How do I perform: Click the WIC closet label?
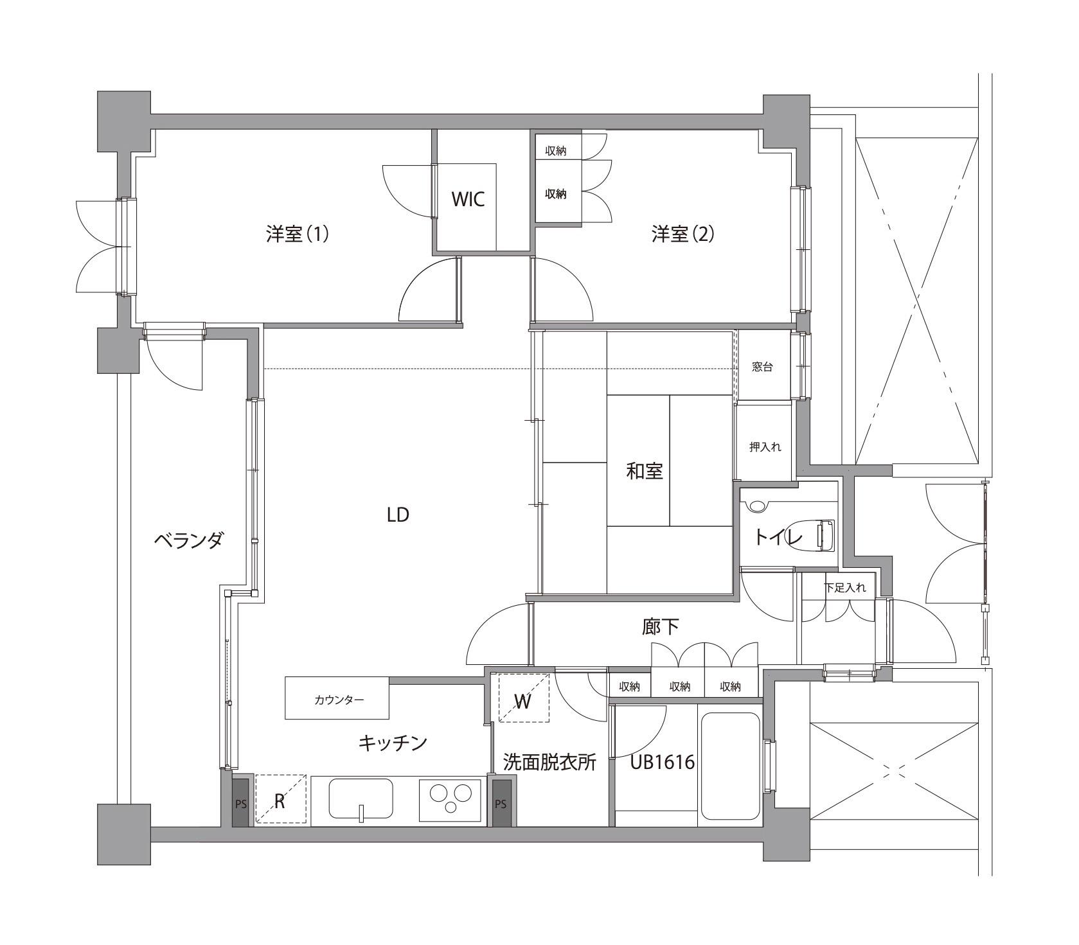467,199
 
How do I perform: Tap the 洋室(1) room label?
298,234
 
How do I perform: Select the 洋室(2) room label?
682,234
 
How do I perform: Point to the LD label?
398,515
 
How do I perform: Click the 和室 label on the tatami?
645,472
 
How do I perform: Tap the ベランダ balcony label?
188,540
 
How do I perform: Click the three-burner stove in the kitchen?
450,799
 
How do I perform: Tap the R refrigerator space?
281,800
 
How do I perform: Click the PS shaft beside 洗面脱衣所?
501,803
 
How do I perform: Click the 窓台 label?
763,367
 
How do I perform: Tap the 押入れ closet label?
765,446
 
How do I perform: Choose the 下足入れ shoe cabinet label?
846,587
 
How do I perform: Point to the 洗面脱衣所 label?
549,763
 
